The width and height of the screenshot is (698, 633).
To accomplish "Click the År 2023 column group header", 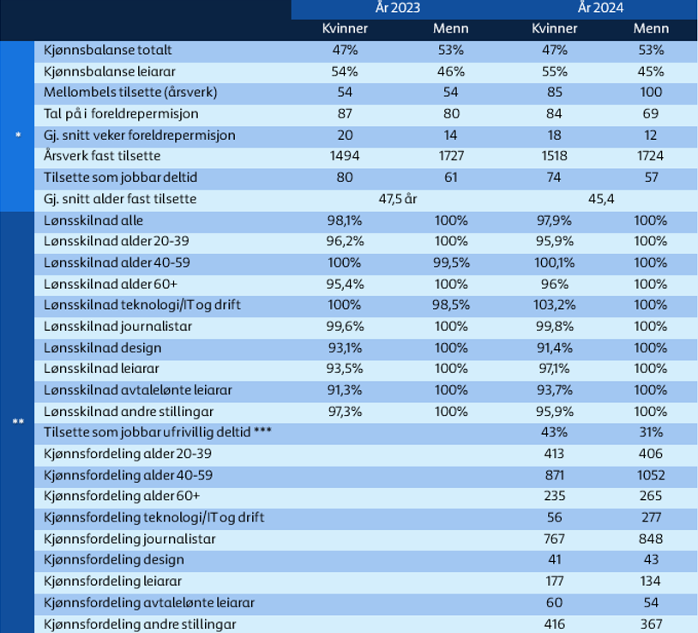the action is click(398, 8).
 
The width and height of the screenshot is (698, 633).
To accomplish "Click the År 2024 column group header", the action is click(600, 8).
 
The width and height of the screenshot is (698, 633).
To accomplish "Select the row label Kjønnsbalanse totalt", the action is click(107, 51).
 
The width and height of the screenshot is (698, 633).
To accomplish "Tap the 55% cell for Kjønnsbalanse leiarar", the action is click(554, 72).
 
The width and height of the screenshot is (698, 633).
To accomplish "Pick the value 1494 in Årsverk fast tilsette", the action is click(345, 156).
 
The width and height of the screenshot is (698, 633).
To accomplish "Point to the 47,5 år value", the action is click(398, 199).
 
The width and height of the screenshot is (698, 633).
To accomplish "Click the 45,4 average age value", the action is click(601, 199).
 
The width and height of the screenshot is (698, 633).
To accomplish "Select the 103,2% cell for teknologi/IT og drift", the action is click(554, 305).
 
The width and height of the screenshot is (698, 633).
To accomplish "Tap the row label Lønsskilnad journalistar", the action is click(117, 327).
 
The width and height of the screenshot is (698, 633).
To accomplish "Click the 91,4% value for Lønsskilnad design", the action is click(554, 347).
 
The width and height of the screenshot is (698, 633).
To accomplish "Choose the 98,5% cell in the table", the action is click(451, 305).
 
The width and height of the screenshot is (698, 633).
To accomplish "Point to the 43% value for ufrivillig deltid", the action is click(554, 432).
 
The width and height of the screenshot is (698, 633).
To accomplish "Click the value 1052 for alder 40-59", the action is click(651, 475).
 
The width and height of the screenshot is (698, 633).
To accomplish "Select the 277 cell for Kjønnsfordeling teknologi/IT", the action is click(651, 517).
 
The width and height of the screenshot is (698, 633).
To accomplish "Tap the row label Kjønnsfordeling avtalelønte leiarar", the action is click(149, 603).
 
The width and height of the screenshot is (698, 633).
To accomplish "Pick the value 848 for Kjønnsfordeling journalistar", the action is click(651, 539).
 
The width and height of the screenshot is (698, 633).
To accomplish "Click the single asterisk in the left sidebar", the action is click(18, 135).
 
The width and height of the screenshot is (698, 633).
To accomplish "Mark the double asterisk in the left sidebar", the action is click(18, 421).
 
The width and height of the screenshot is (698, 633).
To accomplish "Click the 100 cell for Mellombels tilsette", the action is click(651, 92).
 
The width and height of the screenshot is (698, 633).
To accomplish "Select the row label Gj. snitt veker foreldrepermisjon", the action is click(139, 136).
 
